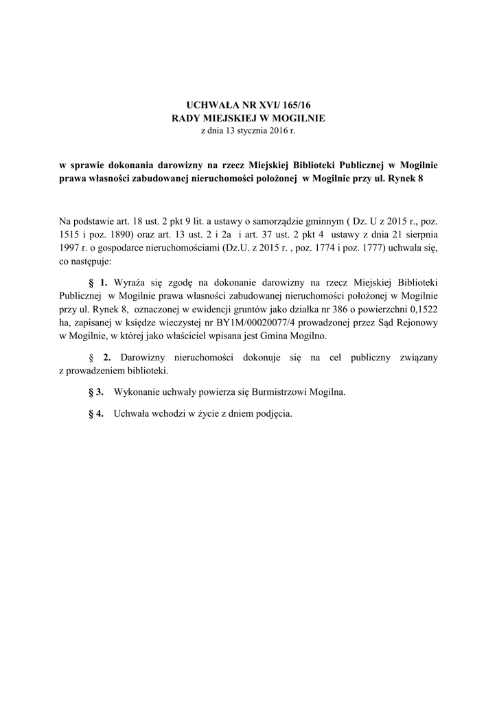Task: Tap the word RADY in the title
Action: click(x=187, y=117)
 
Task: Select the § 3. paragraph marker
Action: click(x=96, y=392)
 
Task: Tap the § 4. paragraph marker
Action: click(x=96, y=414)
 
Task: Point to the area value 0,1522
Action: click(x=421, y=308)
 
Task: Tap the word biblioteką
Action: click(x=144, y=371)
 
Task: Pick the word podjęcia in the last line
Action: click(x=273, y=414)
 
